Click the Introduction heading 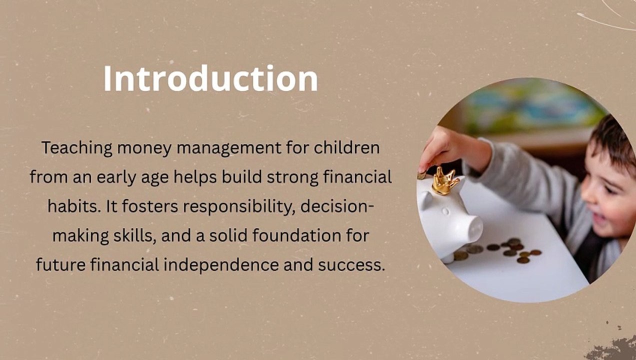(210, 78)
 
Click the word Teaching (77, 148)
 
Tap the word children (346, 147)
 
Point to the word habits (74, 206)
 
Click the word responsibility (239, 206)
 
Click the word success (351, 265)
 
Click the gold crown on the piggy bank (444, 181)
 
